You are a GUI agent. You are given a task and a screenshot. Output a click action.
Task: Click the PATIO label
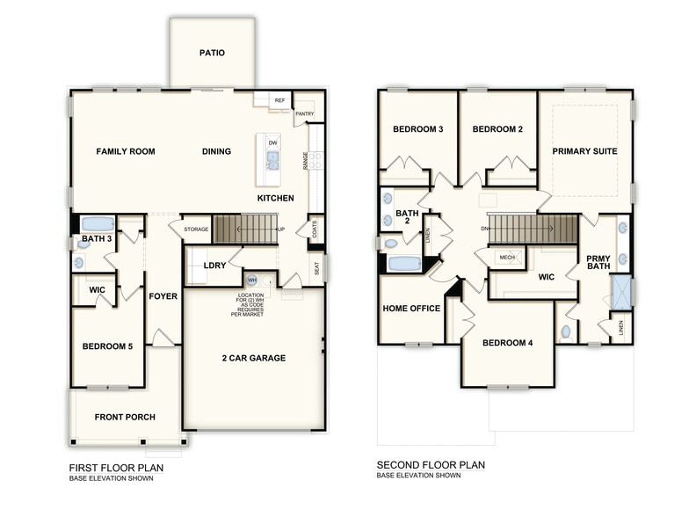pyautogui.click(x=212, y=53)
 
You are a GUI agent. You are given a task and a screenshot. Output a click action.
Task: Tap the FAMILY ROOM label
pyautogui.click(x=126, y=151)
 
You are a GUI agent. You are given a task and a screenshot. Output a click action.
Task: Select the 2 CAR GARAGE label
pyautogui.click(x=253, y=358)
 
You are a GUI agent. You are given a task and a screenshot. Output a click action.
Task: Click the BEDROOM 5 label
pyautogui.click(x=107, y=346)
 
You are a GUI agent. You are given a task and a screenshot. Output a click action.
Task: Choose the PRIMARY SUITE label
pyautogui.click(x=584, y=151)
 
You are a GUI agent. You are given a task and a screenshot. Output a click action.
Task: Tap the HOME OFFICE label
pyautogui.click(x=410, y=309)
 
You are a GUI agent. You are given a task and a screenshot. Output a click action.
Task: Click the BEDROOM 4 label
pyautogui.click(x=508, y=343)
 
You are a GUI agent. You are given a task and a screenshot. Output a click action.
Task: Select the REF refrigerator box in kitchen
pyautogui.click(x=279, y=101)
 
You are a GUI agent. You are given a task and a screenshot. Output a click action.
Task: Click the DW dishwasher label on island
pyautogui.click(x=273, y=142)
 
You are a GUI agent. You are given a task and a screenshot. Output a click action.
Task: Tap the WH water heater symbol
pyautogui.click(x=250, y=280)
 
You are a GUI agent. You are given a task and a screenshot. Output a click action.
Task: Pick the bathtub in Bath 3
pyautogui.click(x=98, y=224)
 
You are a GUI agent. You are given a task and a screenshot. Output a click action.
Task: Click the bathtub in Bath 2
pyautogui.click(x=404, y=263)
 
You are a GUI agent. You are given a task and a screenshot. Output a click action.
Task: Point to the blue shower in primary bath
pyautogui.click(x=621, y=292)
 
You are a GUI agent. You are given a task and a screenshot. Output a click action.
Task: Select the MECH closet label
pyautogui.click(x=507, y=257)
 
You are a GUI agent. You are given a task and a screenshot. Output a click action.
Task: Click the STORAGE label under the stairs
pyautogui.click(x=196, y=229)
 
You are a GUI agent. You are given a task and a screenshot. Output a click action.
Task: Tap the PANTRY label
pyautogui.click(x=305, y=113)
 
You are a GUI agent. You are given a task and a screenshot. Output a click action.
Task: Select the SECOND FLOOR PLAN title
pyautogui.click(x=431, y=465)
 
